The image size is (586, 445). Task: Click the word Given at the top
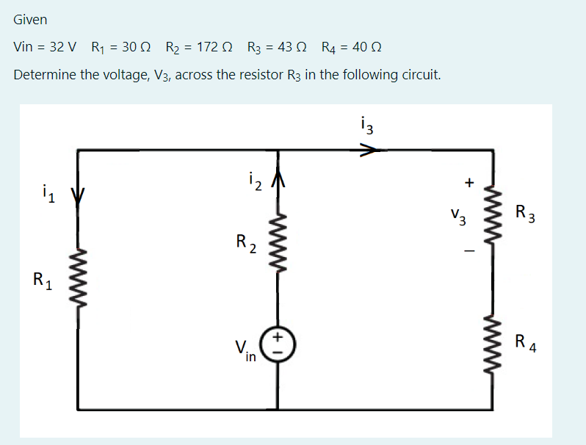[x=30, y=20]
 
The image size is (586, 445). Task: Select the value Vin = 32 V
[x=45, y=48]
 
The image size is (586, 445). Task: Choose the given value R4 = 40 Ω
[x=351, y=48]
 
